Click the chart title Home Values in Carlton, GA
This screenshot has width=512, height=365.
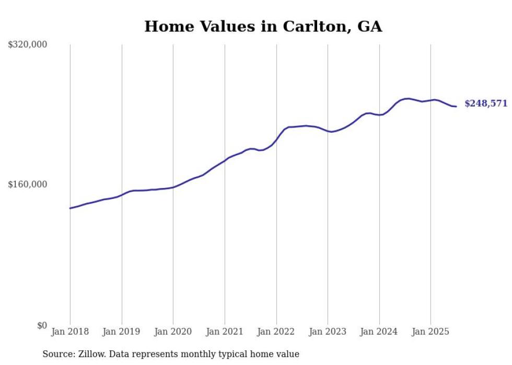click(x=263, y=27)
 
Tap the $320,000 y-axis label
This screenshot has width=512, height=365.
click(x=28, y=45)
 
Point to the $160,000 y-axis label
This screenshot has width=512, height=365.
click(x=28, y=184)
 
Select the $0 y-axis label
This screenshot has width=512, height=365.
click(x=42, y=325)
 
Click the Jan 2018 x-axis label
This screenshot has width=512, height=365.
click(x=70, y=332)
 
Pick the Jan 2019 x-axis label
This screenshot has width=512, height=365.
click(x=122, y=332)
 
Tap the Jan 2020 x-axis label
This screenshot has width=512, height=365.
click(x=173, y=332)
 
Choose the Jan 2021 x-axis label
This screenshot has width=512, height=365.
click(x=225, y=332)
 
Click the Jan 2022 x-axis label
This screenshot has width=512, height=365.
click(x=276, y=332)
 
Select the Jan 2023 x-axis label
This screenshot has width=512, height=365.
click(x=328, y=332)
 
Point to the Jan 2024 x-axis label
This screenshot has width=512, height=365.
click(x=379, y=332)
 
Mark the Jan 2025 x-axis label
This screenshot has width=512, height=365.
click(x=430, y=332)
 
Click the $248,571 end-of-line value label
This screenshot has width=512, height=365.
click(x=486, y=103)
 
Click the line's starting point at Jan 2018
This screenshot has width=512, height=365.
click(x=70, y=208)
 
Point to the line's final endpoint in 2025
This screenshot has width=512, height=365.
click(x=456, y=107)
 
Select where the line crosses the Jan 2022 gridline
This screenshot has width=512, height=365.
click(x=276, y=138)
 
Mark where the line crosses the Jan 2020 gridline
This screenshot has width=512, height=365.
click(x=173, y=187)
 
